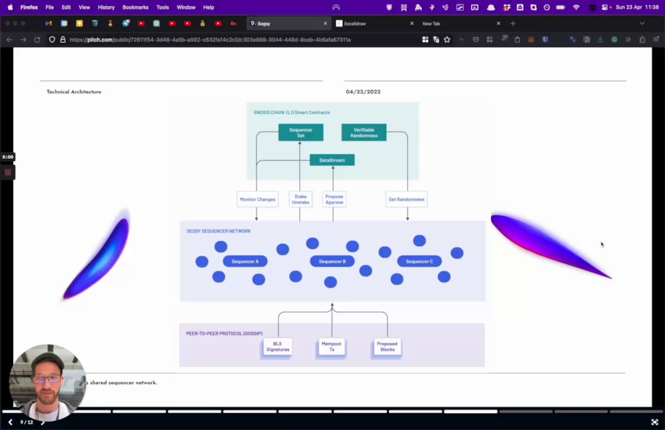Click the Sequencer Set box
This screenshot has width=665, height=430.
pyautogui.click(x=301, y=133)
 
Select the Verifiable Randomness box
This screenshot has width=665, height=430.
pyautogui.click(x=364, y=133)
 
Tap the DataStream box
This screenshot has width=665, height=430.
pyautogui.click(x=332, y=160)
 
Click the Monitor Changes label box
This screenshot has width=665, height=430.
pyautogui.click(x=257, y=199)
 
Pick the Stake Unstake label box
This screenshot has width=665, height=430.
pyautogui.click(x=300, y=199)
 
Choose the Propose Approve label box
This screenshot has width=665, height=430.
pyautogui.click(x=334, y=199)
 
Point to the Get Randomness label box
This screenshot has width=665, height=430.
pyautogui.click(x=406, y=199)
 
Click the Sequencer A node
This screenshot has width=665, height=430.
pyautogui.click(x=245, y=262)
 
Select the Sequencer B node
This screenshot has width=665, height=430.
pyautogui.click(x=332, y=262)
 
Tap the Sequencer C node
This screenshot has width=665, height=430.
pyautogui.click(x=419, y=262)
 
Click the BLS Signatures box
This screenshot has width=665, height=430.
pyautogui.click(x=278, y=347)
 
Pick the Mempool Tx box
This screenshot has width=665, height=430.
pyautogui.click(x=331, y=347)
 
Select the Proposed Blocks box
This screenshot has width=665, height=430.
pyautogui.click(x=387, y=347)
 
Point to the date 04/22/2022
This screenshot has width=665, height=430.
pyautogui.click(x=363, y=92)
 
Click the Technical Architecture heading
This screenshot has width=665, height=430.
pyautogui.click(x=74, y=92)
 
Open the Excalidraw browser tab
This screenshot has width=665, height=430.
pyautogui.click(x=355, y=24)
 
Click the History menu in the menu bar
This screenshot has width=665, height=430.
pyautogui.click(x=106, y=7)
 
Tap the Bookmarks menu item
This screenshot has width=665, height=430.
pyautogui.click(x=136, y=7)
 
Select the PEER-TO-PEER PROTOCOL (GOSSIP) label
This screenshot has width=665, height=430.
pyautogui.click(x=224, y=333)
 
